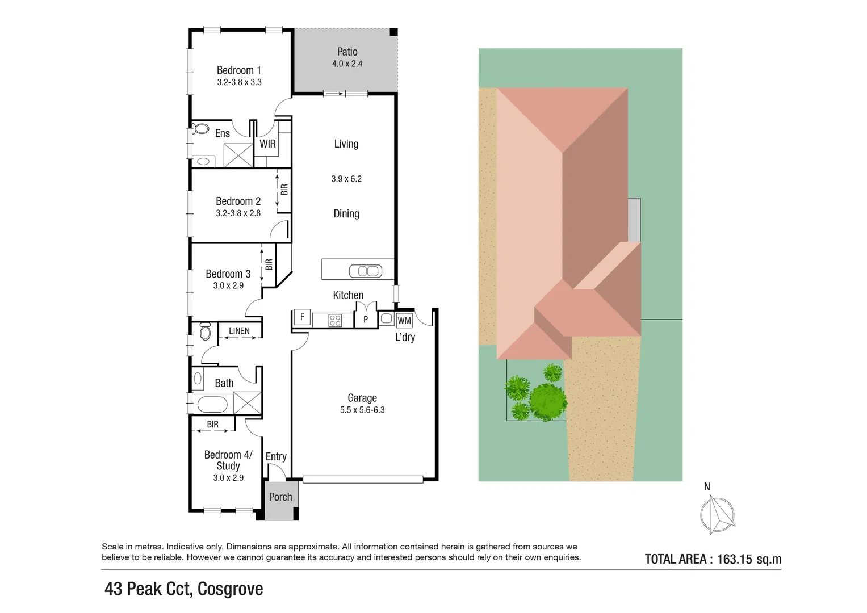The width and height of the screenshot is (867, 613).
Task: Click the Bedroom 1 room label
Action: (x=239, y=70)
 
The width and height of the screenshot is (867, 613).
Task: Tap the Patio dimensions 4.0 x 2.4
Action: (x=347, y=64)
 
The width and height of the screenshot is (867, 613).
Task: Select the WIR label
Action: (x=267, y=144)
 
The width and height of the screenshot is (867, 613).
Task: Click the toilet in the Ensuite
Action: (x=200, y=128)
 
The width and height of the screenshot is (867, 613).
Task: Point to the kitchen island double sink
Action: (x=366, y=271)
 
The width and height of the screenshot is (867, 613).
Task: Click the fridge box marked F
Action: (x=302, y=317)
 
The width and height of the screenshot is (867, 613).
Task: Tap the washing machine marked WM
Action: (x=404, y=321)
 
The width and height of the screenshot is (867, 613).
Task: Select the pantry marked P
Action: (x=366, y=320)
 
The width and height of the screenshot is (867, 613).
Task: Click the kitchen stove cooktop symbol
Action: (x=335, y=320)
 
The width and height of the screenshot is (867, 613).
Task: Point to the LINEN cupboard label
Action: (x=239, y=331)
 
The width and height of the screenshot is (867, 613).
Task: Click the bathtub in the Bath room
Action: (x=212, y=405)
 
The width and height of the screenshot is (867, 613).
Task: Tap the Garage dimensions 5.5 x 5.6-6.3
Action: (x=362, y=410)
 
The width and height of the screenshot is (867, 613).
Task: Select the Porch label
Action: (x=280, y=497)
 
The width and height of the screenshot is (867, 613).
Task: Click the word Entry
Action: (x=276, y=457)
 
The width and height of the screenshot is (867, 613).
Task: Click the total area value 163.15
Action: (x=734, y=559)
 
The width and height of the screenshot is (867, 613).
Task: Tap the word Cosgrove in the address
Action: (x=231, y=589)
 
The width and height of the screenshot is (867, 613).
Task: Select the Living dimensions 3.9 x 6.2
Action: (x=346, y=179)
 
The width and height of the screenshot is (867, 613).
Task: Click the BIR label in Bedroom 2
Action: (x=284, y=190)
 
